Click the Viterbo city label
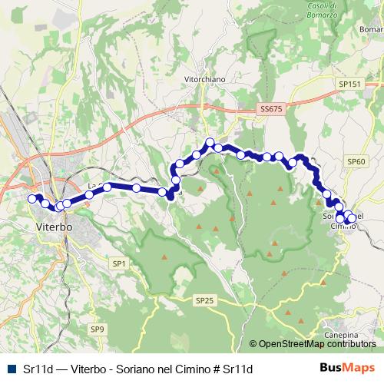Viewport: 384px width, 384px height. [x=54, y=227]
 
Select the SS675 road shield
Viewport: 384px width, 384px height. [x=272, y=110]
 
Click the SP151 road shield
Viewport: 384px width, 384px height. [x=349, y=84]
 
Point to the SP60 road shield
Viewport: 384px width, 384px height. [x=356, y=161]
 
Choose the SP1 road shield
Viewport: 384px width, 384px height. [x=118, y=263]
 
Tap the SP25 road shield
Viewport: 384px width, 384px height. [x=204, y=300]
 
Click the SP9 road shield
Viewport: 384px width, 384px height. [x=97, y=329]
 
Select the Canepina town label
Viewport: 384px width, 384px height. [x=342, y=336]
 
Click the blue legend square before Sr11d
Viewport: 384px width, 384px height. [x=9, y=369]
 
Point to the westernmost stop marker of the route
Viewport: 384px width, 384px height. [x=32, y=199]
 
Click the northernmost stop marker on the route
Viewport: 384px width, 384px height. [x=209, y=142]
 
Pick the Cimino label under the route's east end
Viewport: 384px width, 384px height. [x=342, y=227]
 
